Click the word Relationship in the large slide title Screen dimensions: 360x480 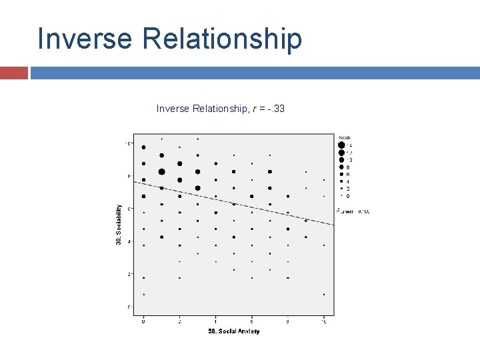pyautogui.click(x=222, y=39)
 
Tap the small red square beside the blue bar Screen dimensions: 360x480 pyautogui.click(x=13, y=72)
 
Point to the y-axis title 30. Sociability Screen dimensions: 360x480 pyautogui.click(x=119, y=223)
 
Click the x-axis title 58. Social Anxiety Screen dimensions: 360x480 pyautogui.click(x=233, y=331)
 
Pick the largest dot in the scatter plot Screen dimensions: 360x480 pyautogui.click(x=161, y=171)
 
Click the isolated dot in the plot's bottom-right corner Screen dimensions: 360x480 pyautogui.click(x=324, y=294)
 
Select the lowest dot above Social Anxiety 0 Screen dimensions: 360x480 pyautogui.click(x=143, y=294)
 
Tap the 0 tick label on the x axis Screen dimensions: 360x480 pyautogui.click(x=143, y=321)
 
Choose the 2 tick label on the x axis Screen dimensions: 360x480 pyautogui.click(x=179, y=321)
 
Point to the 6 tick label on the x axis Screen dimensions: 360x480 pyautogui.click(x=251, y=321)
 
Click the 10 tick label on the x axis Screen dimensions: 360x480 pyautogui.click(x=324, y=321)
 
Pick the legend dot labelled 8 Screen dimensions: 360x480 pyautogui.click(x=341, y=167)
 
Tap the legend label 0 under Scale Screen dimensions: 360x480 pyautogui.click(x=348, y=196)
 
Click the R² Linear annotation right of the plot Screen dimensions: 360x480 pyautogui.click(x=353, y=211)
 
